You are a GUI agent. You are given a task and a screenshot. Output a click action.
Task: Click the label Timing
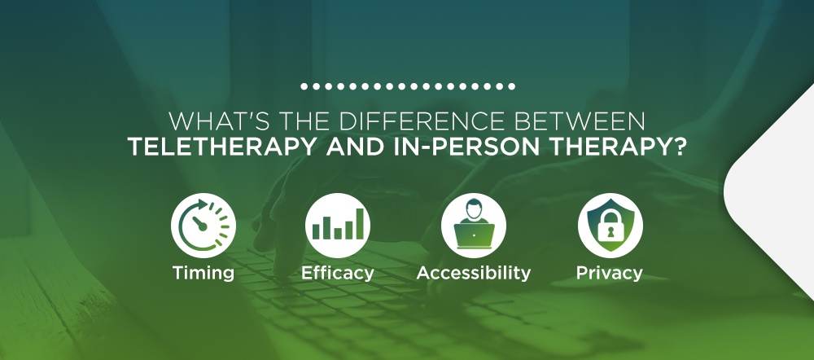pos(203,273)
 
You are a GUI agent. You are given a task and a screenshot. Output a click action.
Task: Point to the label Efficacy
pos(338,273)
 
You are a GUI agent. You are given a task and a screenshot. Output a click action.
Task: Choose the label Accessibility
pos(473,273)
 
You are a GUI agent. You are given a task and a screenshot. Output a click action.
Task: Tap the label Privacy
pos(610,273)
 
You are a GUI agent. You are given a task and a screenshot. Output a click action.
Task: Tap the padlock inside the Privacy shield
pos(610,229)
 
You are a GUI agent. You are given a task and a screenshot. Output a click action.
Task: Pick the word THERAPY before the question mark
pos(599,147)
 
